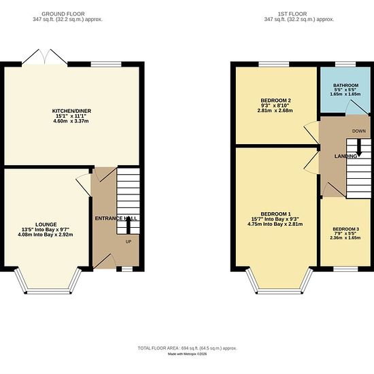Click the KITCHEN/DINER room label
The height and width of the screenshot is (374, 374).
point(71,111)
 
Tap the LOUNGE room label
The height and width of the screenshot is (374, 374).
point(46,224)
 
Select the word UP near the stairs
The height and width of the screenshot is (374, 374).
point(129,242)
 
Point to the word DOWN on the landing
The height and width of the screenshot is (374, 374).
point(359,131)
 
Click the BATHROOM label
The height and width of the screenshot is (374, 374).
point(345,85)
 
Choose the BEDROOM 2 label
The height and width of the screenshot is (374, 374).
point(275,101)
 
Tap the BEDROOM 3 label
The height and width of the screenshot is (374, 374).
point(345,229)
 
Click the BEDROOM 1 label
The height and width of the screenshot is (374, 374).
point(275,214)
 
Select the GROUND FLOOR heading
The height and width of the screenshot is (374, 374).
point(63,14)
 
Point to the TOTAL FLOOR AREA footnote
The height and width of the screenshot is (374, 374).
point(187,348)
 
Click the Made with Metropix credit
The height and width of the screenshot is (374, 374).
point(187,354)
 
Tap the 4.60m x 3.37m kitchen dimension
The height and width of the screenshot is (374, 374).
point(71,121)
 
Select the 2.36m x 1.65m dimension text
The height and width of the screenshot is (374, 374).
point(345,237)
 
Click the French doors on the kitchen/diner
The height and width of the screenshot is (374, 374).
point(45,56)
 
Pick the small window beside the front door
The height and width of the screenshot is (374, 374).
point(127,269)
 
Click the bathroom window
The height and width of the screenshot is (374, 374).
point(345,64)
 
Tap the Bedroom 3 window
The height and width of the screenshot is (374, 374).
point(345,269)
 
